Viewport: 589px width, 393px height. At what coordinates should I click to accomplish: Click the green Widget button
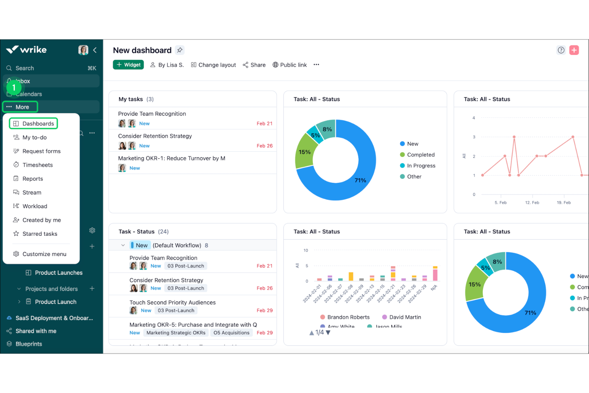(x=128, y=65)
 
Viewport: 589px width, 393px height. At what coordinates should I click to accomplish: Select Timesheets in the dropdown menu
(x=37, y=165)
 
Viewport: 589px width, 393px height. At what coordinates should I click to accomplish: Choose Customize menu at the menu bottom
(x=44, y=254)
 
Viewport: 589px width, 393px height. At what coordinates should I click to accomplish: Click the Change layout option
(x=213, y=65)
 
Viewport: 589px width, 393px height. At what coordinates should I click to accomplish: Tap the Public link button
(x=290, y=65)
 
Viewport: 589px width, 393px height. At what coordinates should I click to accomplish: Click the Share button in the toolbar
(x=254, y=65)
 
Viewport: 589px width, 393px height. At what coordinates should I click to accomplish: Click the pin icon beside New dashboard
(x=180, y=50)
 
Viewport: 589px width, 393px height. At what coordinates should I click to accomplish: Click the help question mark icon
(x=561, y=50)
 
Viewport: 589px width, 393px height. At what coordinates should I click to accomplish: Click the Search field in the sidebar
(x=25, y=68)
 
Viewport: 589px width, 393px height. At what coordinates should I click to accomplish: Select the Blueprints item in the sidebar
(x=29, y=344)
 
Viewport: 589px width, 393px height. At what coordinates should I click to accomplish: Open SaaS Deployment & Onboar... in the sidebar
(x=54, y=318)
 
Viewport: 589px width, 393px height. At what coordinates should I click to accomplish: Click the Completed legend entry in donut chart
(x=420, y=155)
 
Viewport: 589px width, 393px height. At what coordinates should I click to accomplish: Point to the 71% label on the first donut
(x=360, y=180)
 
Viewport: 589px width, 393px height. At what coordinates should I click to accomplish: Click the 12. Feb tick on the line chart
(x=532, y=203)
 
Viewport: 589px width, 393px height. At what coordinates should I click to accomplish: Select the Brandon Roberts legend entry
(x=348, y=317)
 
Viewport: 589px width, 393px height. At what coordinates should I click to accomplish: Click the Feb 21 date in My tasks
(x=264, y=124)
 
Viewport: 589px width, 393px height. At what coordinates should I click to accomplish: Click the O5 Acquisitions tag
(x=231, y=333)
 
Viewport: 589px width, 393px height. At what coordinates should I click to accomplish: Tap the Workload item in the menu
(x=35, y=206)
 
